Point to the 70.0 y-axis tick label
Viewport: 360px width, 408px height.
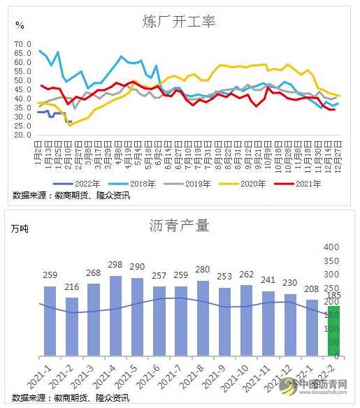pyautogui.click(x=24, y=44)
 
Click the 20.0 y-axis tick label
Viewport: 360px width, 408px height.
pyautogui.click(x=24, y=135)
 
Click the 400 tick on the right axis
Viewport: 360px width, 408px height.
pyautogui.click(x=331, y=247)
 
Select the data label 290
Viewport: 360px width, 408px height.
pyautogui.click(x=138, y=267)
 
